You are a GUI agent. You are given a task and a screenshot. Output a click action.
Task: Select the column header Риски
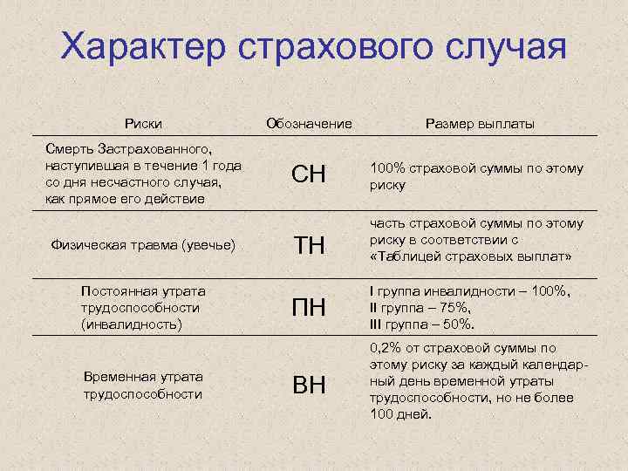point(143,124)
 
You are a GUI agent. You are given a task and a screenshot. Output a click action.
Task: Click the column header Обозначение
point(309,124)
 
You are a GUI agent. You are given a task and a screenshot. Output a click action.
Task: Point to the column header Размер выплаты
point(480,124)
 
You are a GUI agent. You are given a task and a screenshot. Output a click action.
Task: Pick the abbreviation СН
point(309,175)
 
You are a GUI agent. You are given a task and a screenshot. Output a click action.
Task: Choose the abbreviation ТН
point(309,247)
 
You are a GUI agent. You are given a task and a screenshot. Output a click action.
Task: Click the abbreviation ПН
point(309,308)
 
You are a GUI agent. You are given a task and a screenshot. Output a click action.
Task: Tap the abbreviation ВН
point(309,385)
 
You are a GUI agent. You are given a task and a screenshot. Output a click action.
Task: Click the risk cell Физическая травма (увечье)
point(144,245)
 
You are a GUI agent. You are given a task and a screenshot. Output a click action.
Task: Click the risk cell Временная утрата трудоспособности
point(143,385)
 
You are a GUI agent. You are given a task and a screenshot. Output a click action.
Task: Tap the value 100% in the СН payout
point(388,167)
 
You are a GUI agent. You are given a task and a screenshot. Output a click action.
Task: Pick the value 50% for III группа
point(456,324)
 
